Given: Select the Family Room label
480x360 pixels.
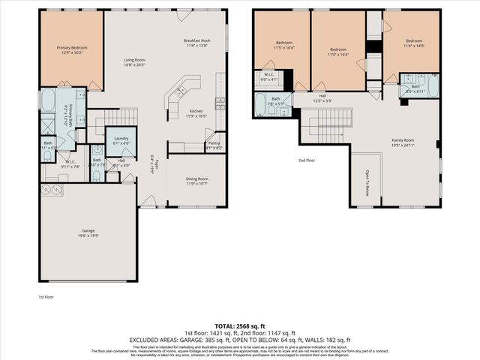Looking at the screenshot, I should tap(403, 140).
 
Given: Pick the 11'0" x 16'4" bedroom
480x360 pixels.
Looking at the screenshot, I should tap(337, 49).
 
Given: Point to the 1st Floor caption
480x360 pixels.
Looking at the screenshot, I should tap(46, 297).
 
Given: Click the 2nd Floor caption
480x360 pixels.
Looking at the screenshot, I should tap(306, 160).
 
